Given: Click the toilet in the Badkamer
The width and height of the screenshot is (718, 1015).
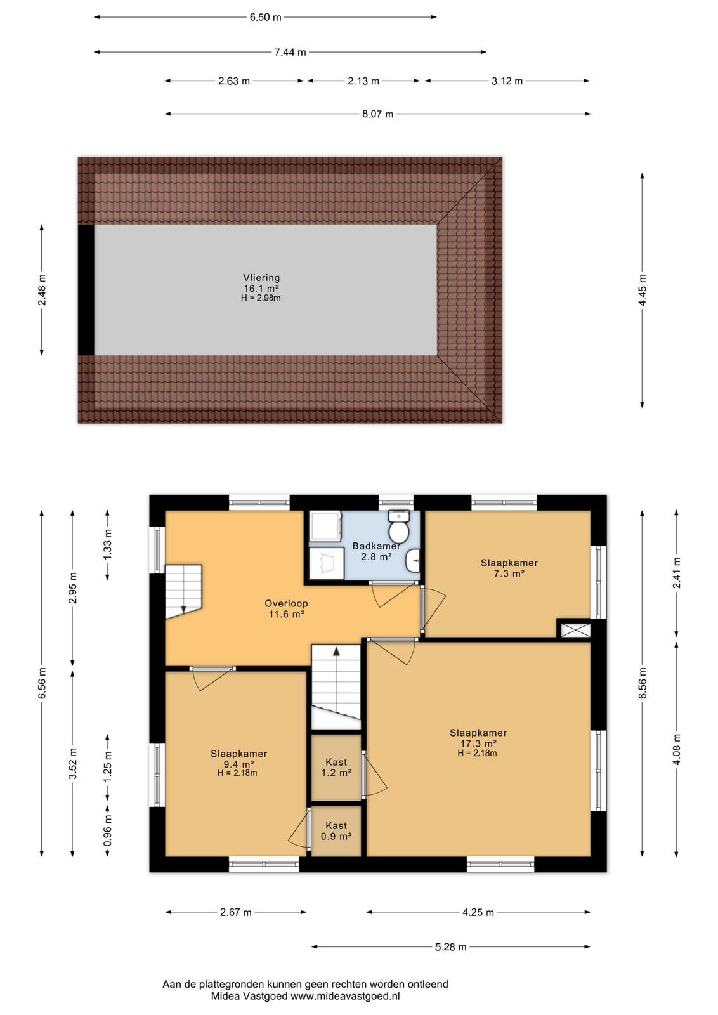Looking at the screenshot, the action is pos(398,527).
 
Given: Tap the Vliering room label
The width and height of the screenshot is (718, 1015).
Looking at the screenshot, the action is pos(261,278).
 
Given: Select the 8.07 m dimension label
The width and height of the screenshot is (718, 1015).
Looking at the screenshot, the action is pos(377,114).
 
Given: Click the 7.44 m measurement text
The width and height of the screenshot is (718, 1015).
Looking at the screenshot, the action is pos(290,52).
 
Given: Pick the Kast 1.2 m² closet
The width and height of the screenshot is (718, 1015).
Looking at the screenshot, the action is pos(336,767).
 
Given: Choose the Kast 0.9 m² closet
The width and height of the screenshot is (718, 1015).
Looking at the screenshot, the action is pos(336,831).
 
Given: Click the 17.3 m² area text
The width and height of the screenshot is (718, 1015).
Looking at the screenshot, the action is pos(478,743).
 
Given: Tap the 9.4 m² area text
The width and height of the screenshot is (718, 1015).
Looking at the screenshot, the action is pos(238,764).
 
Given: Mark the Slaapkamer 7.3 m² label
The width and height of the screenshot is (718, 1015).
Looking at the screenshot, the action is pos(509,568).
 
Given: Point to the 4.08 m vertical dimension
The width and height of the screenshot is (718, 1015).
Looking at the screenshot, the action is pos(676,749).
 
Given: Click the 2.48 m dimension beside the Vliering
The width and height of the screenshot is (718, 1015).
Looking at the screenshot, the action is pos(42,290).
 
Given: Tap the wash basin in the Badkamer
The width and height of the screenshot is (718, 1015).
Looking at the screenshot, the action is pos(413,561).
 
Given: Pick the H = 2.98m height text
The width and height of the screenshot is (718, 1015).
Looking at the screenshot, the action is pos(261,298).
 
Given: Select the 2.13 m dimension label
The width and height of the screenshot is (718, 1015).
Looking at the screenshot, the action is pos(363,81).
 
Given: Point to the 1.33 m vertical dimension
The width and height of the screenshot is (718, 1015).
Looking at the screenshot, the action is pos(107,545).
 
